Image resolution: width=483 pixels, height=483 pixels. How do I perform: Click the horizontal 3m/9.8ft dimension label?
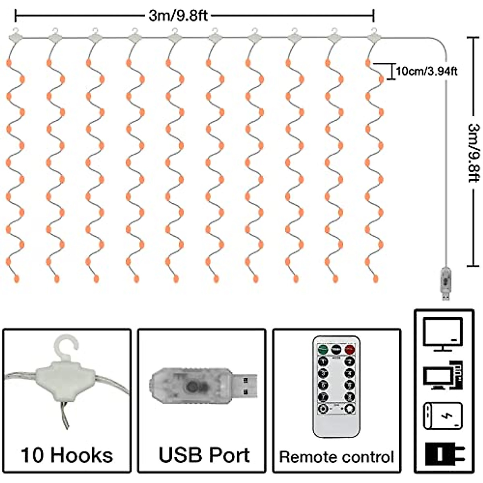click(178, 16)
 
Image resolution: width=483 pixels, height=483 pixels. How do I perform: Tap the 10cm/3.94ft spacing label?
click(427, 71)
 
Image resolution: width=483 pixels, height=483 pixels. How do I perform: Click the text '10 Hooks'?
click(67, 455)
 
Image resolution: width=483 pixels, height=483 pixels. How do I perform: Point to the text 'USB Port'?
click(204, 455)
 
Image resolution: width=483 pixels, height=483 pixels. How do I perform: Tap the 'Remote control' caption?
click(336, 457)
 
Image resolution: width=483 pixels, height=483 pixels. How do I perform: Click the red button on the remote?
click(350, 349)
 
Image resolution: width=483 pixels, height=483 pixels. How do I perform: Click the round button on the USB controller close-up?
click(192, 387)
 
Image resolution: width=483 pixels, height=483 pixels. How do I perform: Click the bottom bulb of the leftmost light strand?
click(17, 278)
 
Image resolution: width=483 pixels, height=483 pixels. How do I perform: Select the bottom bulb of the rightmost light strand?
click(376, 278)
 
